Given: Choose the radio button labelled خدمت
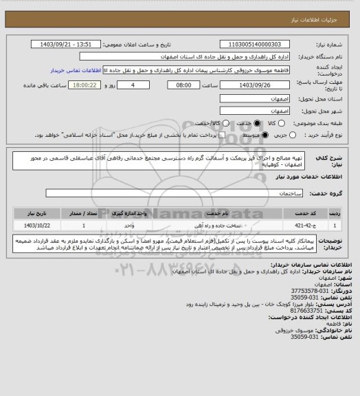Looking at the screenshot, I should pos(258,123).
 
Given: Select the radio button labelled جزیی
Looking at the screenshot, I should pos(294,135).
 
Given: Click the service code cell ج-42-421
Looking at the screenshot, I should pos(296,225).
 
